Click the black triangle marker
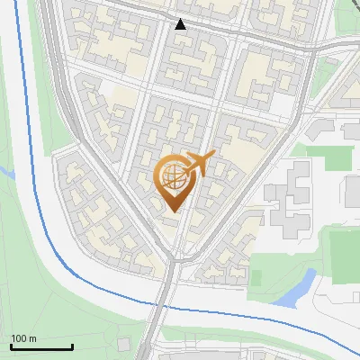click(x=181, y=24)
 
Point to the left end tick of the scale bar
click(x=11, y=346)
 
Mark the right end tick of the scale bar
click(x=72, y=346)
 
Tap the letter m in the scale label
click(x=32, y=338)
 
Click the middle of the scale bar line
click(x=41, y=347)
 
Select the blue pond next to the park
click(x=295, y=288)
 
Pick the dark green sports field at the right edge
click(x=345, y=254)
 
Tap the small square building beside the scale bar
click(x=122, y=345)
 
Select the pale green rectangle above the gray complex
click(x=333, y=157)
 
